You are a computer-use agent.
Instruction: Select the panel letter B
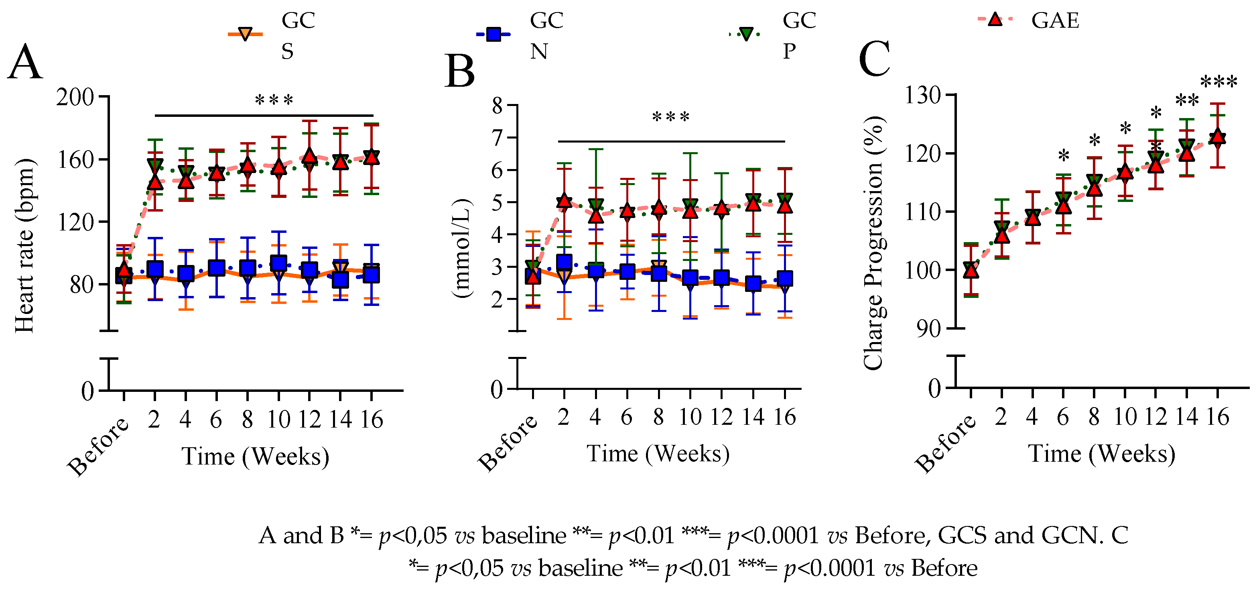(x=460, y=71)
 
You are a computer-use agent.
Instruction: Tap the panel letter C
(x=874, y=59)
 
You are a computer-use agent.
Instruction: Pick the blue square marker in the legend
(x=494, y=34)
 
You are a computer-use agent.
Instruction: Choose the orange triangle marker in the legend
(x=245, y=34)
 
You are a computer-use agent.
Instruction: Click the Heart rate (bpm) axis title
(x=24, y=246)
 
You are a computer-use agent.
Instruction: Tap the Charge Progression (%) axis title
(x=873, y=243)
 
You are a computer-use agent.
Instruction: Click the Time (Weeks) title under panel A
(x=255, y=456)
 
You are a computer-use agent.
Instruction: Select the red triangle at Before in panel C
(x=971, y=270)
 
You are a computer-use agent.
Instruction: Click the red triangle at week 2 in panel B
(x=564, y=201)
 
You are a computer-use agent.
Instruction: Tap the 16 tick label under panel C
(x=1218, y=417)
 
